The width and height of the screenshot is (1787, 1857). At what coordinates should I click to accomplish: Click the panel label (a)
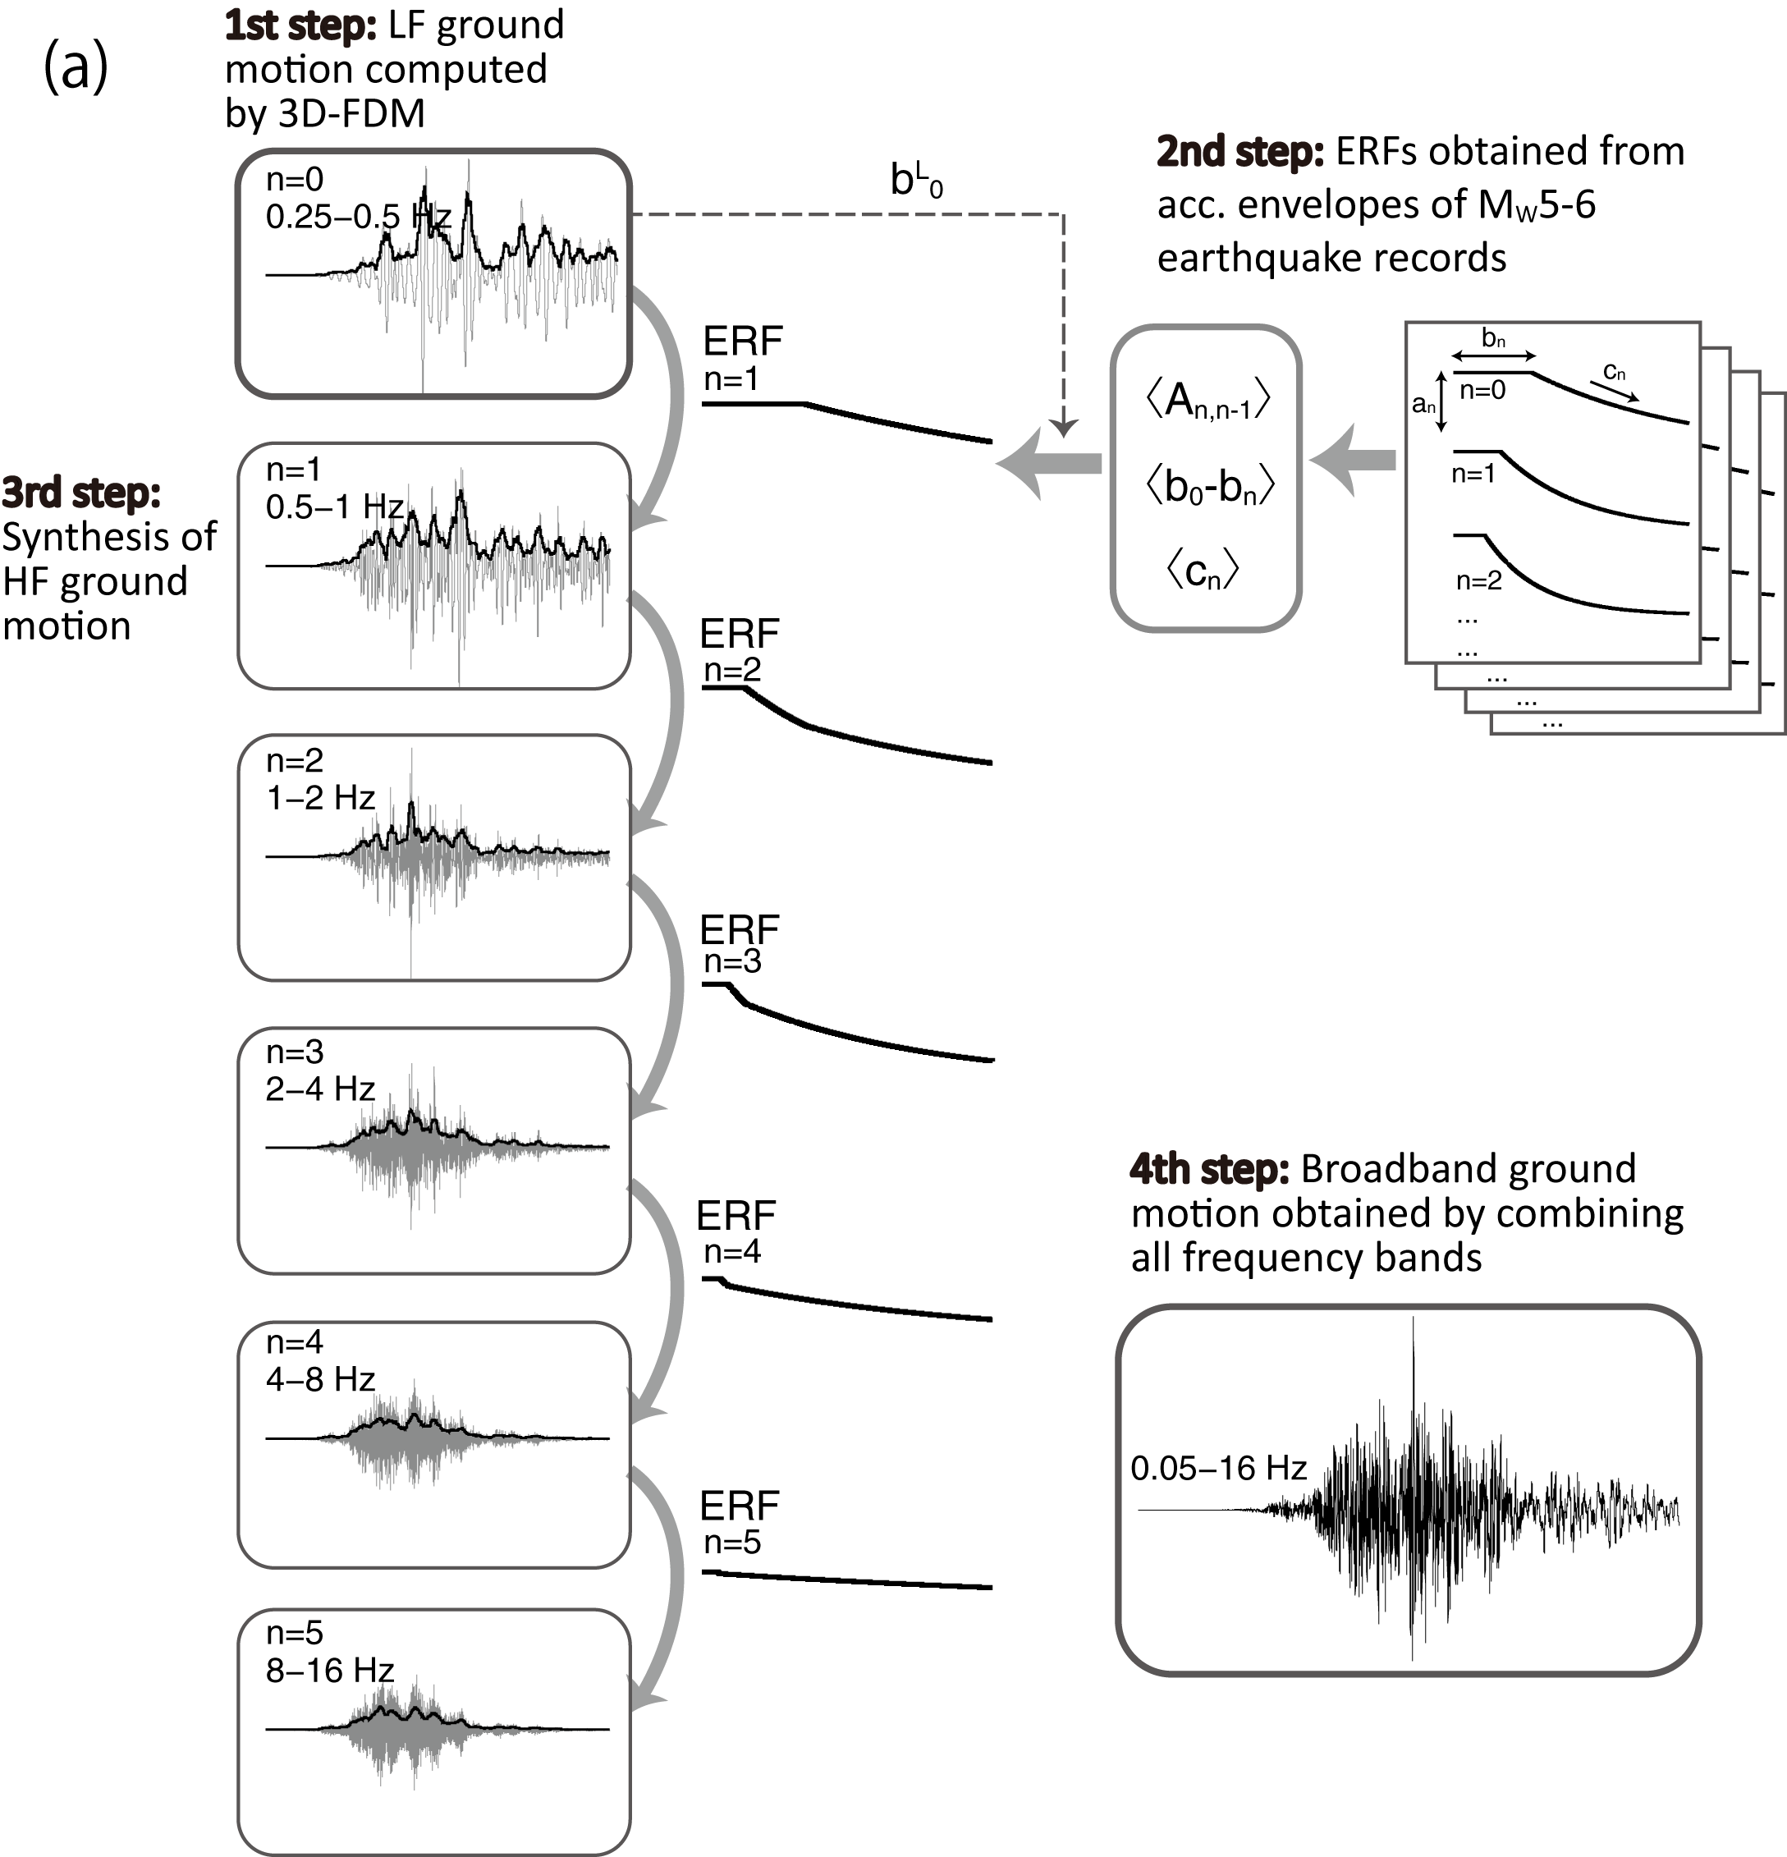[x=76, y=69]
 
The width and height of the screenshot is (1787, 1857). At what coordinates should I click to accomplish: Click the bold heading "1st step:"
[x=300, y=25]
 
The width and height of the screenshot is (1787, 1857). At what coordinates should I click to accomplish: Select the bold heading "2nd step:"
[x=1239, y=152]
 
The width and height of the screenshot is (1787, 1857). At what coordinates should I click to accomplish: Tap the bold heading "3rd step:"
[x=81, y=493]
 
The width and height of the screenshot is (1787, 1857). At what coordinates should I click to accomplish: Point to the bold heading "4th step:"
[x=1209, y=1169]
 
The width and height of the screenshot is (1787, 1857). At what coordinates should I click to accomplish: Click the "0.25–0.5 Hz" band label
[x=358, y=218]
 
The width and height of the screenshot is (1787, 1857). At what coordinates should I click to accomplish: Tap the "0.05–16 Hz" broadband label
[x=1218, y=1469]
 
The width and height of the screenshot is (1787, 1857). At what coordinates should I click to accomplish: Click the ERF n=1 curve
[x=846, y=420]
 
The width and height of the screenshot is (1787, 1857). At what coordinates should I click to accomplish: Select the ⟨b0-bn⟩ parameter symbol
[x=1209, y=487]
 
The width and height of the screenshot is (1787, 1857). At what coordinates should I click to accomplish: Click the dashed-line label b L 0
[x=916, y=179]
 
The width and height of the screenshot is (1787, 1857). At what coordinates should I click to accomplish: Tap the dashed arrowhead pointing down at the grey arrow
[x=1063, y=429]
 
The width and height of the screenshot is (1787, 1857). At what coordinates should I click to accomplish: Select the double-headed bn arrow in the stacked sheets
[x=1493, y=355]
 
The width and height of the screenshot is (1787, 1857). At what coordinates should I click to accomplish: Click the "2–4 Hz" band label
[x=320, y=1089]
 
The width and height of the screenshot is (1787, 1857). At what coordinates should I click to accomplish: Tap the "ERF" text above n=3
[x=739, y=931]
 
